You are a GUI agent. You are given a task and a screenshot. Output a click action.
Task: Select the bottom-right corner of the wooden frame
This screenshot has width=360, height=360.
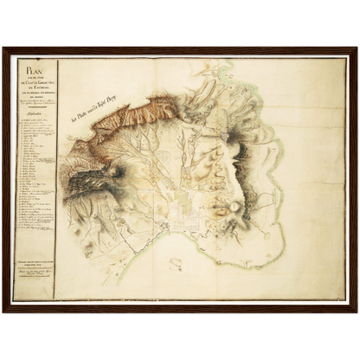pos(356,311)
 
